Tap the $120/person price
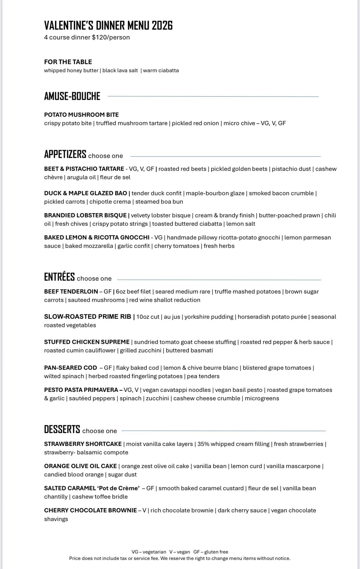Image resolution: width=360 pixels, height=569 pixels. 111,38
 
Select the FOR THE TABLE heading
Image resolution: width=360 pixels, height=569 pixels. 68,62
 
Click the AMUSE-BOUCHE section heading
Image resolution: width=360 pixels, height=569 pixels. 72,96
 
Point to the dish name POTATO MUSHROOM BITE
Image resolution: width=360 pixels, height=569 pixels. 81,115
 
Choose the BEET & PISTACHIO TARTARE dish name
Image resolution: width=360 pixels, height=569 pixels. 84,169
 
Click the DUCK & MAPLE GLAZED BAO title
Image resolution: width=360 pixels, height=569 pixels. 86,193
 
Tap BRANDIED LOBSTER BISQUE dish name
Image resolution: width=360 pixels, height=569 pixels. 85,215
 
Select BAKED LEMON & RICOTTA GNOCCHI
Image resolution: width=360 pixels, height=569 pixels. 96,238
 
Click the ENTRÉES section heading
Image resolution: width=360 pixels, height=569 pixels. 59,277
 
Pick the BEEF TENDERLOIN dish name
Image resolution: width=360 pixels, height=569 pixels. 71,292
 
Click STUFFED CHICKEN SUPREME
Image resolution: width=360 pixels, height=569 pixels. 87,342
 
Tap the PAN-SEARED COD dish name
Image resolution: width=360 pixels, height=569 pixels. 70,368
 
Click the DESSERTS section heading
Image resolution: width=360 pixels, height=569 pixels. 62,429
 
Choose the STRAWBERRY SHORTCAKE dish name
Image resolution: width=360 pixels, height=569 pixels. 83,444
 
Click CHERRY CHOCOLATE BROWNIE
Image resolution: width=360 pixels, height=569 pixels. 90,510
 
